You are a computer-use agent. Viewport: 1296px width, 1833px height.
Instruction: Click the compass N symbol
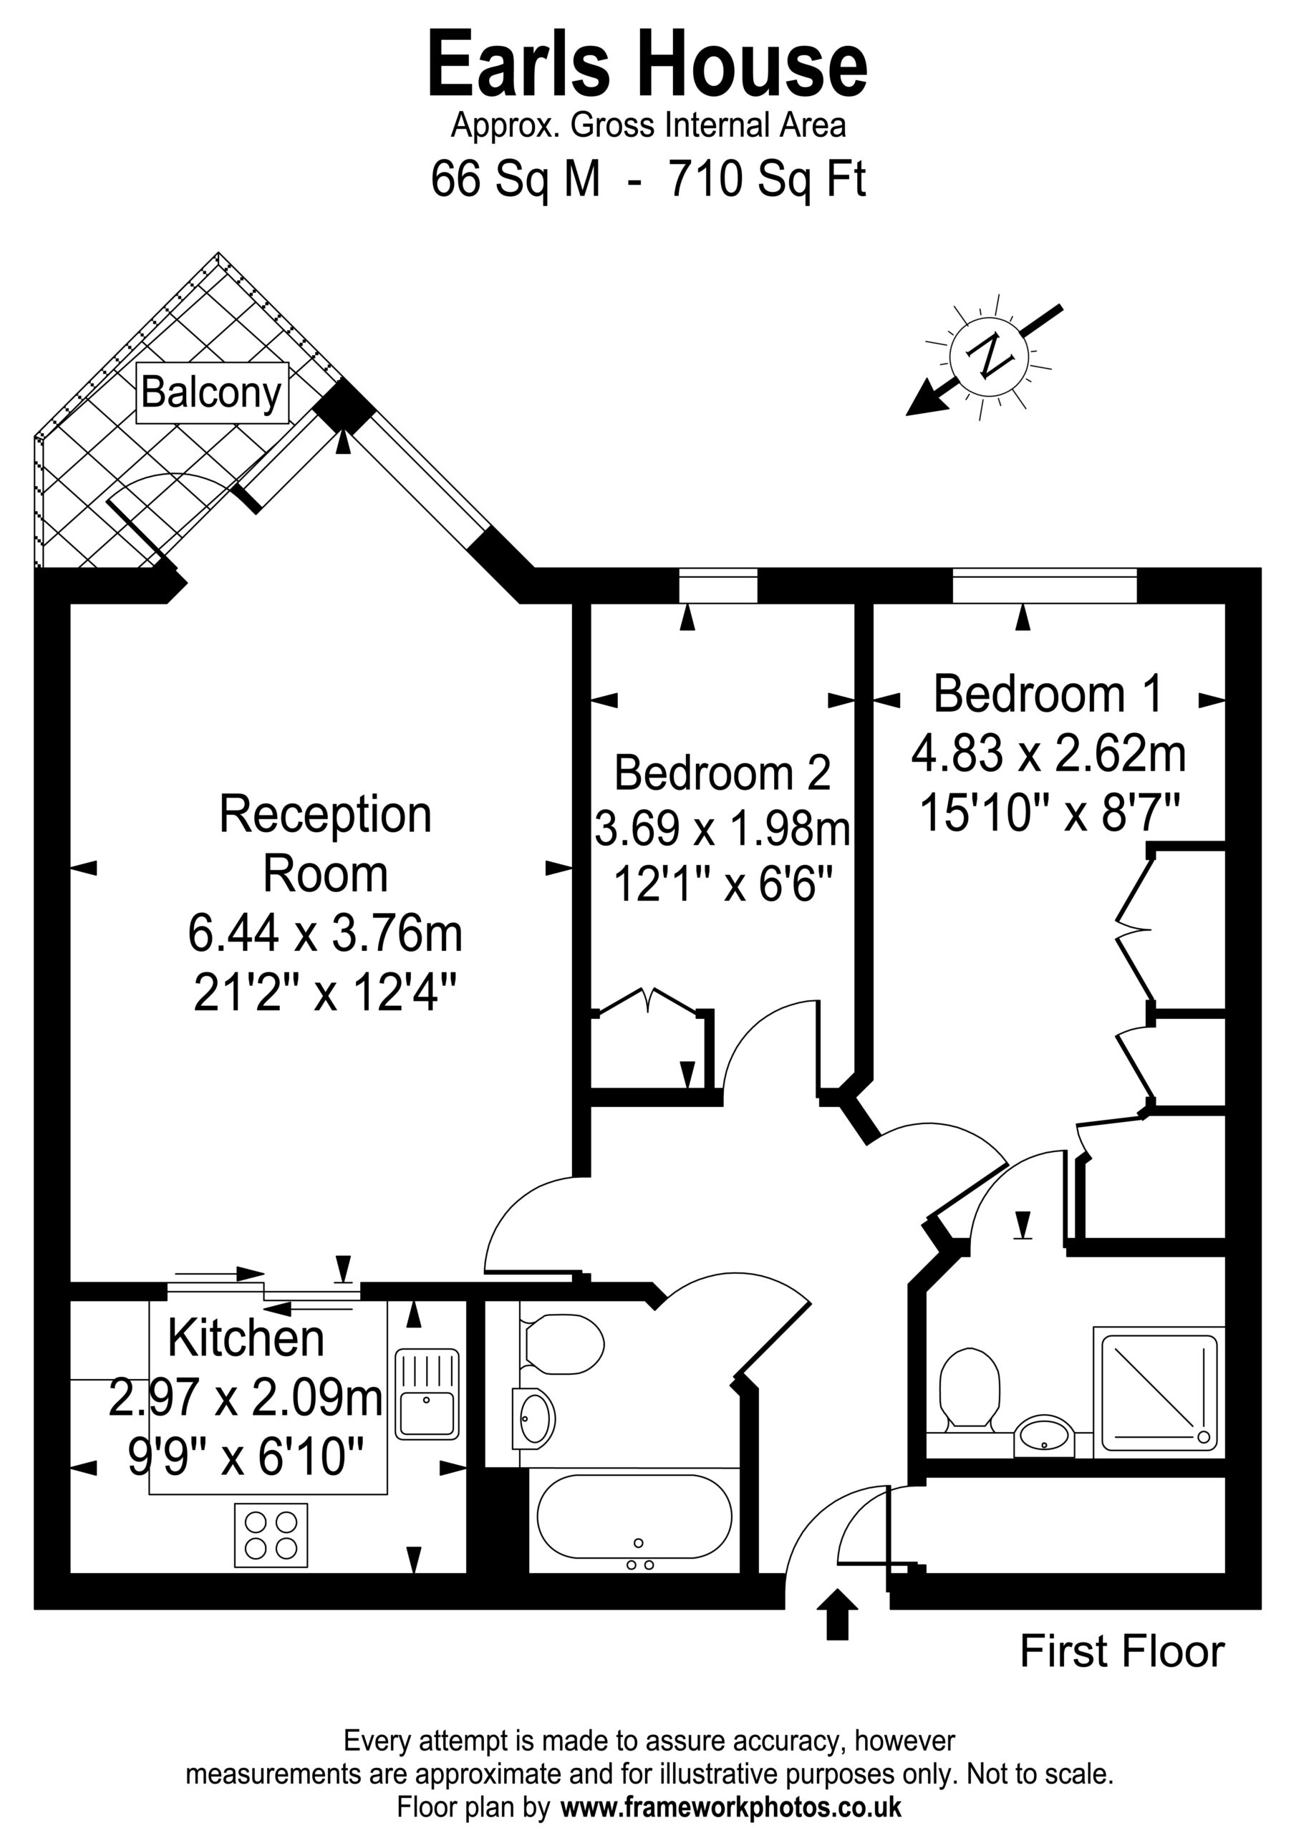click(x=989, y=357)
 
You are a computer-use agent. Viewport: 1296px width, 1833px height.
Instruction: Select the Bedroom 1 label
click(x=1048, y=693)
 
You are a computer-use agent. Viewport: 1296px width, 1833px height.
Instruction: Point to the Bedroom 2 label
click(x=722, y=772)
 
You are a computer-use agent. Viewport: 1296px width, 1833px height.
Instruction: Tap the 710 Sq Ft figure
click(x=767, y=178)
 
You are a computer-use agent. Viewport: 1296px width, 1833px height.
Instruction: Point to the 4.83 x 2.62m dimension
click(x=1048, y=754)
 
